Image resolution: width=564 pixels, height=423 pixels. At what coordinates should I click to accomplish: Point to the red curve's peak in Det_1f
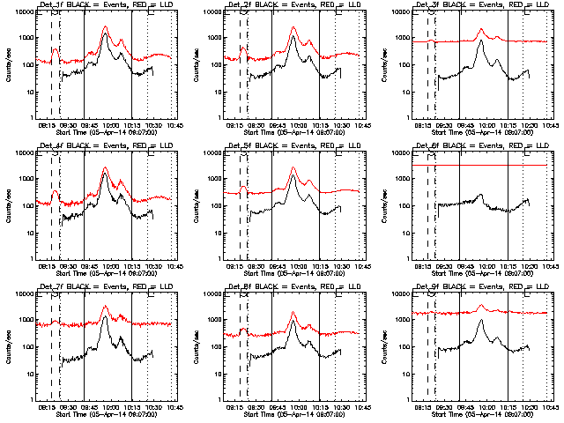tap(105, 27)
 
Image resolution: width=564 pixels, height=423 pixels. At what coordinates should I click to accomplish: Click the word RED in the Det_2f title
tap(315, 8)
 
